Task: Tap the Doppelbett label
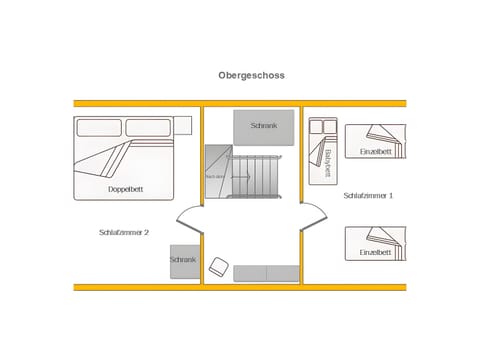point(125,188)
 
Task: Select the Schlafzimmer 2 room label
point(124,232)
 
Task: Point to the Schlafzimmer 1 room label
point(368,196)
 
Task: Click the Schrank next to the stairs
point(264,126)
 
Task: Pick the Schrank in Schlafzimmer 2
point(184,261)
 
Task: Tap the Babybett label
point(327,162)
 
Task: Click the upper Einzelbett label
point(375,151)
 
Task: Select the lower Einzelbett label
point(375,253)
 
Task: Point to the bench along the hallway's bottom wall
point(267,273)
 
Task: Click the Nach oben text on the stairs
point(216,176)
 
